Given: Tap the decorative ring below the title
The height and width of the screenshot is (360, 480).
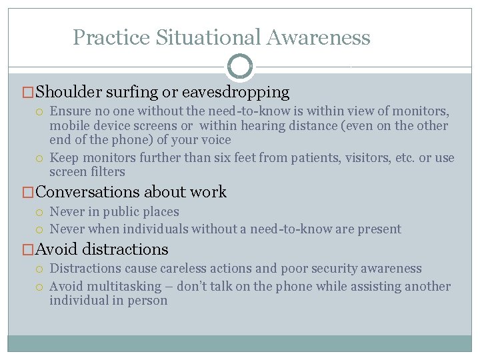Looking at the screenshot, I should point(240,67).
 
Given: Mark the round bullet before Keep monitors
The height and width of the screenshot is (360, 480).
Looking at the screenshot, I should point(41,158).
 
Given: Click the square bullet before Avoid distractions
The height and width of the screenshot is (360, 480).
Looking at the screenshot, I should point(29,250).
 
